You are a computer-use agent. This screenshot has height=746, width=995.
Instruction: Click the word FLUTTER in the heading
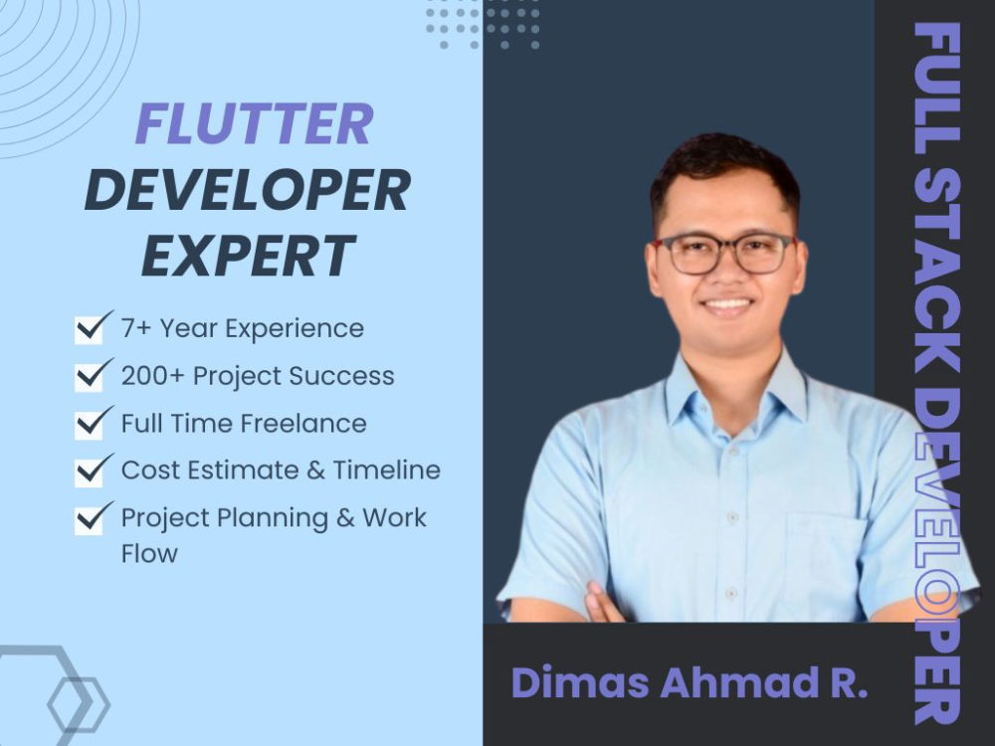pos(254,125)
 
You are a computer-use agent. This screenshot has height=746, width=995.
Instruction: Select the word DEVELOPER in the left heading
pos(247,190)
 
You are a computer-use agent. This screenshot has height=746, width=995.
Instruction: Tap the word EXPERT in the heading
pos(248,255)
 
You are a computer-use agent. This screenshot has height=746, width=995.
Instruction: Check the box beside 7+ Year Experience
pos(90,327)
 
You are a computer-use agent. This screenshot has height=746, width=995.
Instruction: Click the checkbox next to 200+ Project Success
pos(90,375)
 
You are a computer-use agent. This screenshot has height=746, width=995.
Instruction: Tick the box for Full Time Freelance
pos(90,423)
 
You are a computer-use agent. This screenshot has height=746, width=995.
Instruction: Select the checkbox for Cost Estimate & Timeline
pos(90,469)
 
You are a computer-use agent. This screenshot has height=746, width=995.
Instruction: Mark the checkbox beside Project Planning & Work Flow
pos(90,517)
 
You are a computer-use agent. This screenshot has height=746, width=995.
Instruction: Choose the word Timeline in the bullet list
pos(388,469)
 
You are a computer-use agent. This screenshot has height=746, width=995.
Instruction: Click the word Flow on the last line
pos(149,553)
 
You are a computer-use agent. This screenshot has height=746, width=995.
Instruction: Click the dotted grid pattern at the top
pos(482,24)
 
